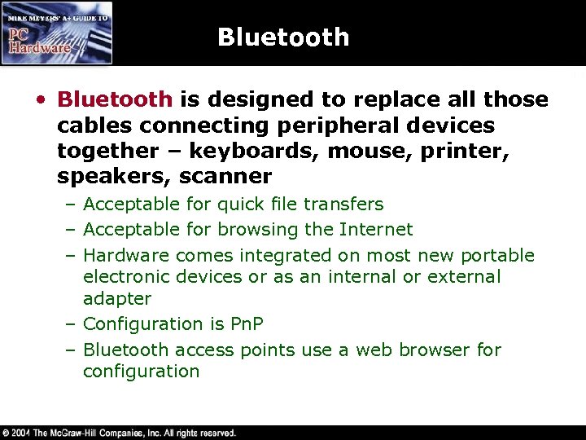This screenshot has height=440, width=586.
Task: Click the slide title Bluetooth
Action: tap(283, 37)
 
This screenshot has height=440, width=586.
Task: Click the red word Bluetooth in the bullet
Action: tap(115, 100)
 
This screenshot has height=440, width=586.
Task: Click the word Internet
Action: tap(376, 230)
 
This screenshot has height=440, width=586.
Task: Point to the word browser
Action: tap(428, 350)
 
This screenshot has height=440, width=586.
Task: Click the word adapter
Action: tap(117, 299)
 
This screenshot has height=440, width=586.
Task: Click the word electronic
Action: tap(122, 277)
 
